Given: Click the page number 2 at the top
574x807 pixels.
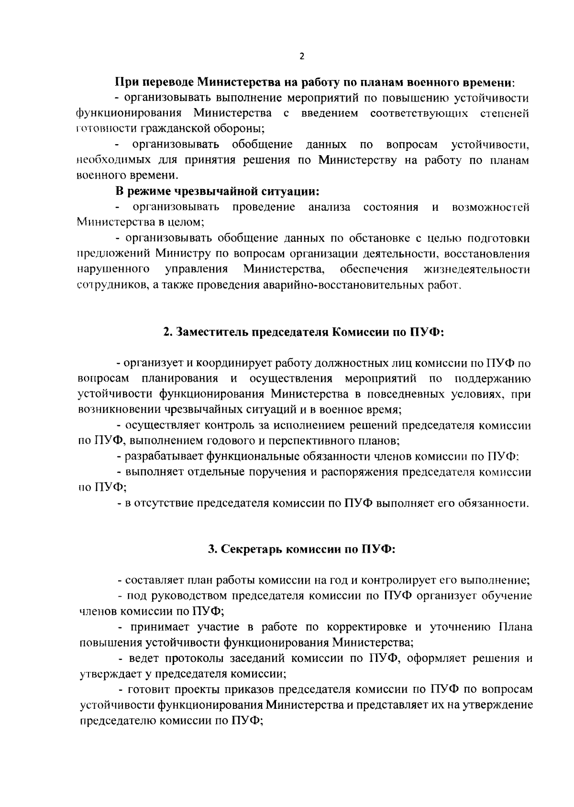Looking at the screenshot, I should click(x=301, y=56).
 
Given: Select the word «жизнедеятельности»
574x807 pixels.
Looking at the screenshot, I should click(x=477, y=269).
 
